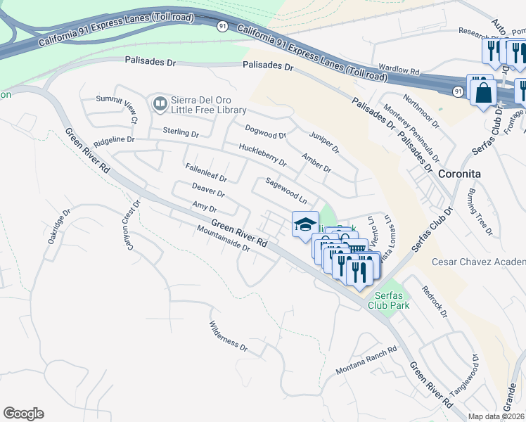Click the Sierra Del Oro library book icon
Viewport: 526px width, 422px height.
click(x=160, y=104)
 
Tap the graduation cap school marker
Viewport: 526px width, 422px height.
click(x=305, y=226)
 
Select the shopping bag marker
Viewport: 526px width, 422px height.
click(x=483, y=92)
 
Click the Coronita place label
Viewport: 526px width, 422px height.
click(x=459, y=173)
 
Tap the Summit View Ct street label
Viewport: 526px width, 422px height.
click(x=117, y=105)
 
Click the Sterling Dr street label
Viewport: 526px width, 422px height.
click(x=181, y=132)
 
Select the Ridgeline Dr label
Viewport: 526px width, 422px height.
click(x=113, y=139)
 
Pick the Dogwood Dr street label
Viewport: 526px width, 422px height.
click(x=265, y=131)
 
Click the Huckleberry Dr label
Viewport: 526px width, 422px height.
click(x=262, y=155)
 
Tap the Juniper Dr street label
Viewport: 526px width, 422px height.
click(x=323, y=141)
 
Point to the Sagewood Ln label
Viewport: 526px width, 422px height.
click(x=286, y=190)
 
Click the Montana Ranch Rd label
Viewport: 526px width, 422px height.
click(x=366, y=359)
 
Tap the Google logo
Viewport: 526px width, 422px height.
click(x=24, y=413)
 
